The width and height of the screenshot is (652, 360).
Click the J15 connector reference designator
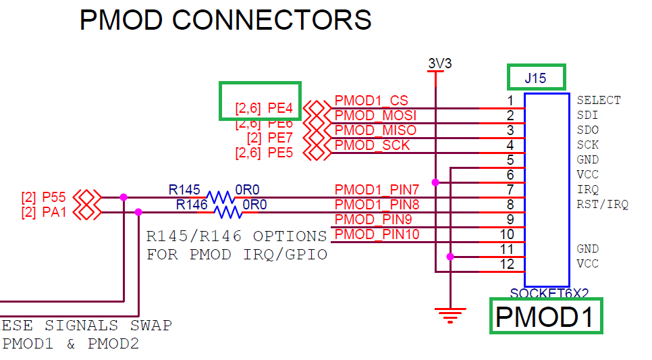[x=536, y=78]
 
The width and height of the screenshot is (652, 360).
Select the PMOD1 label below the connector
[x=545, y=317]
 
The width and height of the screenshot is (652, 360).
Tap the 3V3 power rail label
[x=439, y=64]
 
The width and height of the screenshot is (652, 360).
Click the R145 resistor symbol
[x=219, y=198]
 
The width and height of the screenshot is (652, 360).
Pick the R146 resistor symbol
[x=227, y=213]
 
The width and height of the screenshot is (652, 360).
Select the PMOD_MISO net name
[x=375, y=130]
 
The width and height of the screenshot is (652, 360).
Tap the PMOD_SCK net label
[x=372, y=145]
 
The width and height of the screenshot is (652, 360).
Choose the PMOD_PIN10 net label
[x=377, y=234]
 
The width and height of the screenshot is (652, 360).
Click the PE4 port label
[x=280, y=108]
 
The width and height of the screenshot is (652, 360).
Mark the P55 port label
[x=53, y=198]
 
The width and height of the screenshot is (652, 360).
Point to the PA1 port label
[x=53, y=213]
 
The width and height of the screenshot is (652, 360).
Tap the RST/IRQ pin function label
[x=603, y=205]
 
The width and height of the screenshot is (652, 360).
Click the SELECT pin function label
[x=599, y=101]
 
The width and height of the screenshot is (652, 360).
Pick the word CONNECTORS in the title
[x=271, y=20]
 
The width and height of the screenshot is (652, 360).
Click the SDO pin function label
[x=587, y=130]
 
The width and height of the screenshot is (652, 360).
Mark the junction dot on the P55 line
[x=124, y=197]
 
